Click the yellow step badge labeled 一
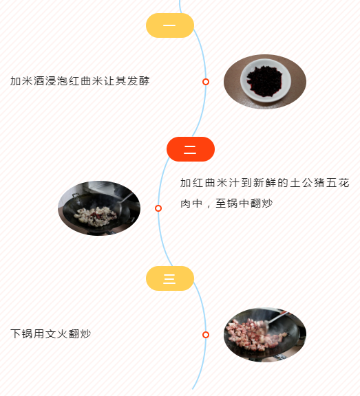tap(170, 25)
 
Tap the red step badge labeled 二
tap(191, 149)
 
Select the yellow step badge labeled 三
tap(170, 278)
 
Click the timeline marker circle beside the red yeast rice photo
tap(206, 82)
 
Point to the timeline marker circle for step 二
tap(158, 208)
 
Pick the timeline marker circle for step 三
tap(206, 335)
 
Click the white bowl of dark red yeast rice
tap(266, 80)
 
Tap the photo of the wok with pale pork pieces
tap(99, 208)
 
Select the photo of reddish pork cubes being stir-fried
tap(265, 335)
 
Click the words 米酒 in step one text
tap(28, 81)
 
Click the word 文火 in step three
tap(56, 333)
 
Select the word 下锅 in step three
tap(21, 333)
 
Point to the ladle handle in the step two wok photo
tap(126, 199)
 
